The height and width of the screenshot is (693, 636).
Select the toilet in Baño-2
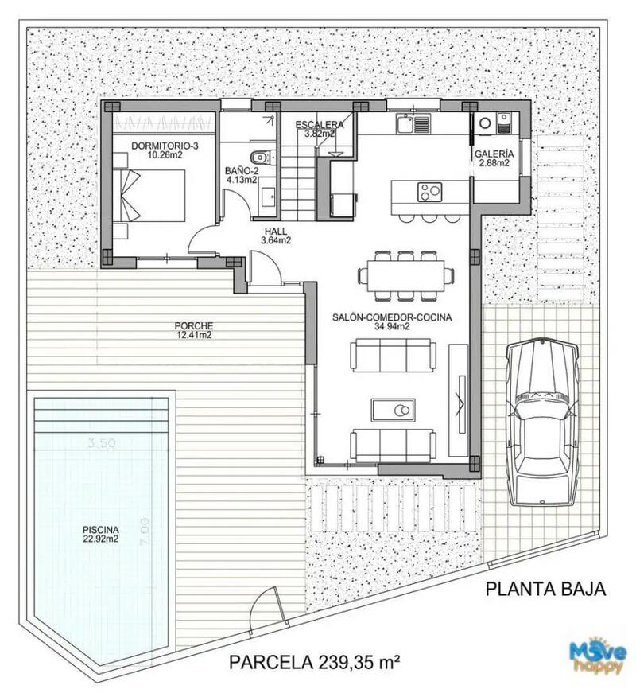point(260,157)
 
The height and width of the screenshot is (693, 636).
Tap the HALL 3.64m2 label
point(277,236)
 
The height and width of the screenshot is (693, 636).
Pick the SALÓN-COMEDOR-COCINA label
point(392,321)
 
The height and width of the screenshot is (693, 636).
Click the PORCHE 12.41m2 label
point(194,330)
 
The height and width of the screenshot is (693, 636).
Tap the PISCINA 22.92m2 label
point(100,534)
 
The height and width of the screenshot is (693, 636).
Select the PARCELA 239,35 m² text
point(314,661)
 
